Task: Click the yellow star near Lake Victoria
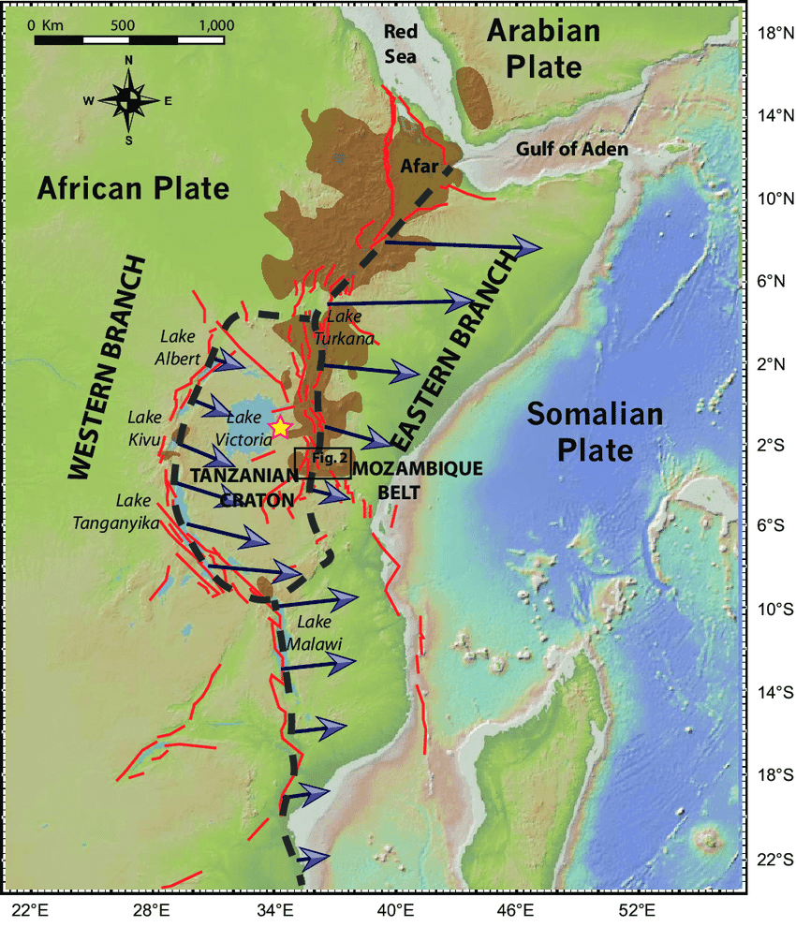[x=279, y=427]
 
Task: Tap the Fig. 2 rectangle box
[x=323, y=463]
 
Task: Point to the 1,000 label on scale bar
[x=216, y=25]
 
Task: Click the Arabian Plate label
[x=542, y=50]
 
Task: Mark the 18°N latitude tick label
[x=774, y=34]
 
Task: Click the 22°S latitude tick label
[x=774, y=859]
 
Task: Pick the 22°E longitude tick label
[x=30, y=909]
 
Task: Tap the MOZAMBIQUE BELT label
[x=405, y=478]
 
